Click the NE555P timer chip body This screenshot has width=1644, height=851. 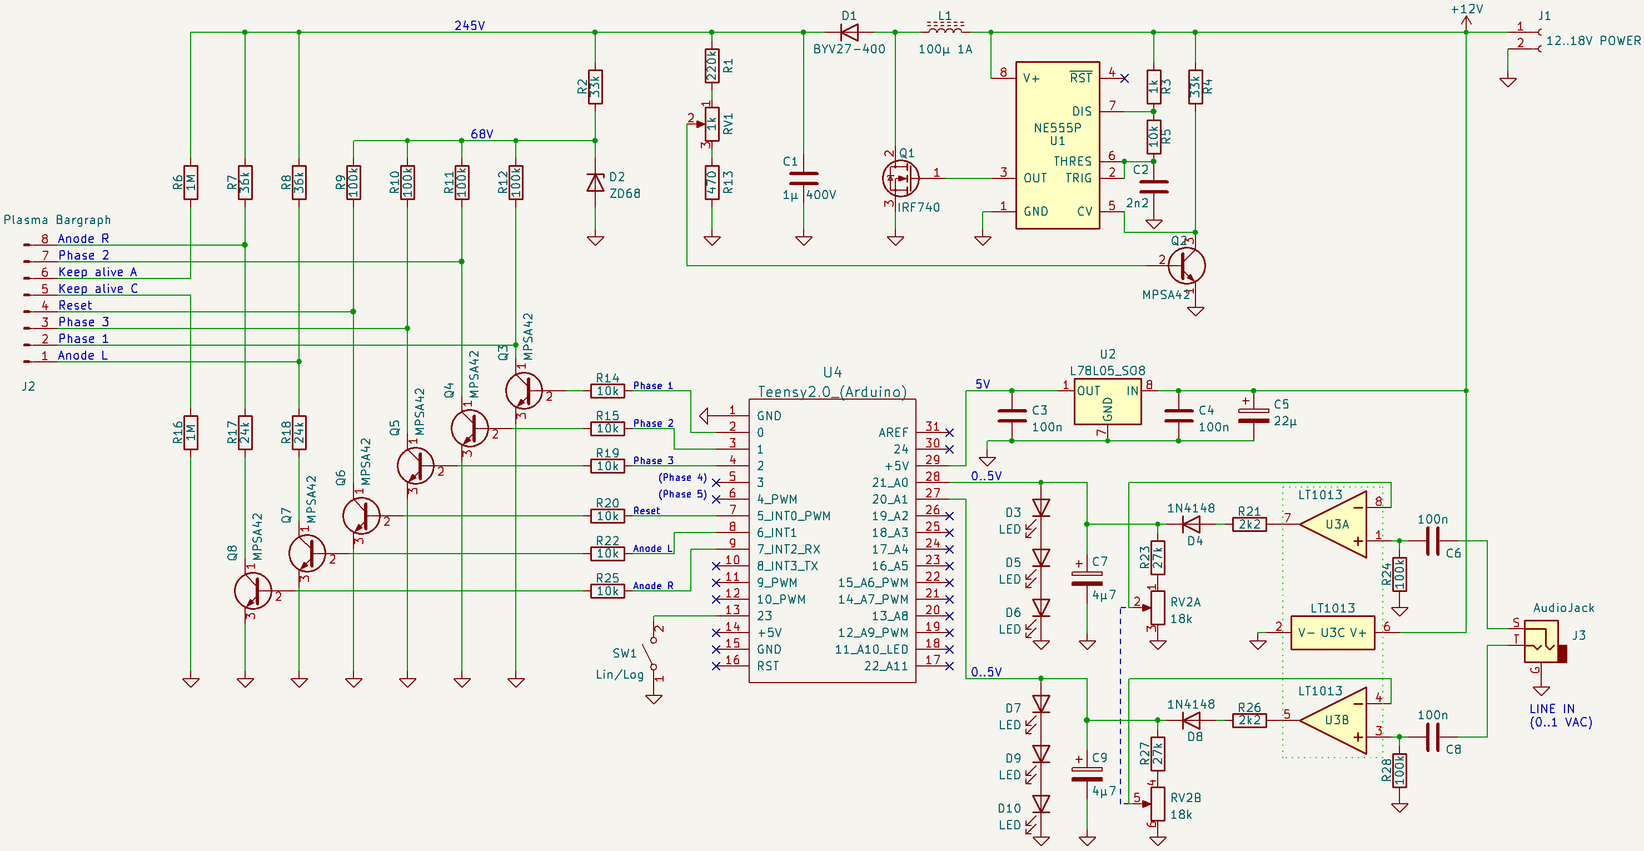point(1057,145)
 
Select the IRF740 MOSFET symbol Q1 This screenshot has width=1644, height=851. point(900,178)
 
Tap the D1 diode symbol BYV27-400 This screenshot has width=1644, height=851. point(849,32)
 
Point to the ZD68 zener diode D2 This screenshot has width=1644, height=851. point(595,183)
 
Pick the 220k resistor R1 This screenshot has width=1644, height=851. point(711,66)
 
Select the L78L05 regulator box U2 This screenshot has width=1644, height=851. point(1107,401)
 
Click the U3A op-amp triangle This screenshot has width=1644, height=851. point(1335,524)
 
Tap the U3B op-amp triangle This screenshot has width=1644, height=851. point(1335,720)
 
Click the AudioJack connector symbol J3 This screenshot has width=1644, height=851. point(1543,641)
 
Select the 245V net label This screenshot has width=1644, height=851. point(469,26)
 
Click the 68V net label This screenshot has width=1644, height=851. point(481,134)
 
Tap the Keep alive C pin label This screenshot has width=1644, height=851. point(98,288)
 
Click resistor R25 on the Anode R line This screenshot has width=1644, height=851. point(607,591)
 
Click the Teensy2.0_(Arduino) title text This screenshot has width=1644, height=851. point(832,392)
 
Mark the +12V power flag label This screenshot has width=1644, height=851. point(1467,9)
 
